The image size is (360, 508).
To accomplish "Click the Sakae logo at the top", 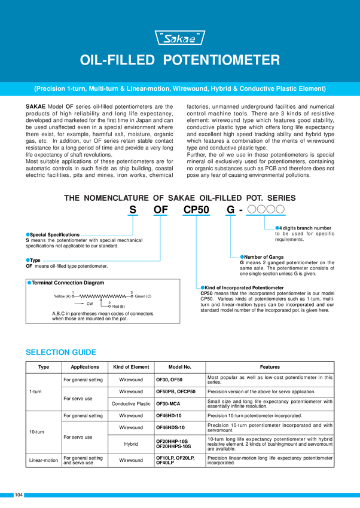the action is click(x=180, y=39).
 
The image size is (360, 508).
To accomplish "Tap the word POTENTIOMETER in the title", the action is click(x=222, y=60).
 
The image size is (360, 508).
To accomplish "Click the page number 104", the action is click(x=19, y=495).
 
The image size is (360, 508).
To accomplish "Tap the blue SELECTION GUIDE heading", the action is click(x=60, y=352).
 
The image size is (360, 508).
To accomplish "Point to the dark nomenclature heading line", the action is click(x=180, y=198).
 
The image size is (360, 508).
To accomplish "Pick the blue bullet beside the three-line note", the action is click(x=276, y=227).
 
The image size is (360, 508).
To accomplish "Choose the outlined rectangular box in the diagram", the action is click(x=102, y=301).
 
